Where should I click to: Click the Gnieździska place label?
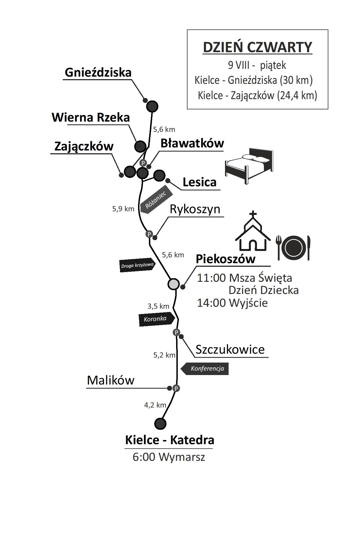(98, 72)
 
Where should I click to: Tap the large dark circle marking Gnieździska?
(152, 106)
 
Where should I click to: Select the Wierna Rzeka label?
(91, 117)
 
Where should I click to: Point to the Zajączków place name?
(84, 146)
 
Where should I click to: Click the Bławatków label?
(192, 144)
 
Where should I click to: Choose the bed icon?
(249, 166)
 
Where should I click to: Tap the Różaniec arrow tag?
(155, 201)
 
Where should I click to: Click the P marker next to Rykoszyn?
(149, 234)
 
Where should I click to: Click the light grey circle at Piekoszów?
(174, 284)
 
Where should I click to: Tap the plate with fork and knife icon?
(293, 248)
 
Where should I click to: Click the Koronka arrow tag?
(156, 319)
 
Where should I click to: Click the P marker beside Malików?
(176, 388)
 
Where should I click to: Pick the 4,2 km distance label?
(155, 405)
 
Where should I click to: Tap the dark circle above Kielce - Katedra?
(160, 423)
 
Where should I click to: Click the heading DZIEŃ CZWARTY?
(257, 47)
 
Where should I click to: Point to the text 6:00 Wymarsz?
(169, 457)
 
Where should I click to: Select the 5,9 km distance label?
(123, 209)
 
